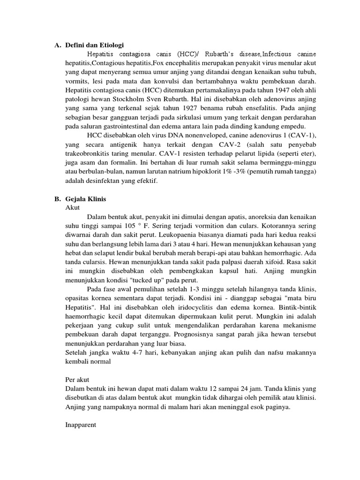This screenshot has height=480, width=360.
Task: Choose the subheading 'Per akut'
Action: [x=76, y=379]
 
